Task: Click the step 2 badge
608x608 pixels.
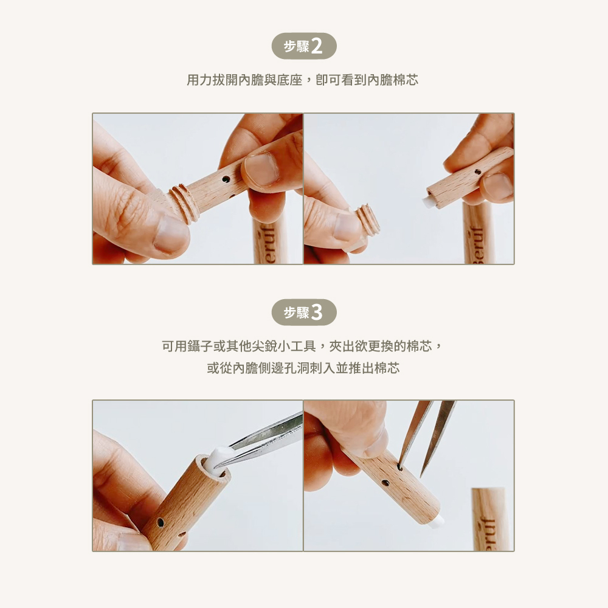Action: (x=304, y=46)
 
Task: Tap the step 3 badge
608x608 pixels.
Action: (x=304, y=312)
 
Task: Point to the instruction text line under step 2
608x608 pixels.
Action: (x=302, y=80)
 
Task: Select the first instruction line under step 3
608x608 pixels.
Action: (x=302, y=346)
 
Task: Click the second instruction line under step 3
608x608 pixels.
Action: (x=303, y=368)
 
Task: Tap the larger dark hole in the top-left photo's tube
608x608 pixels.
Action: (x=226, y=180)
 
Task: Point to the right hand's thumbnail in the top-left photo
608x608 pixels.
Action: (x=261, y=170)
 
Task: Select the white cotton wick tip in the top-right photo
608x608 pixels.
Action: (x=429, y=201)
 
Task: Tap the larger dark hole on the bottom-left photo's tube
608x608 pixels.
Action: (x=160, y=523)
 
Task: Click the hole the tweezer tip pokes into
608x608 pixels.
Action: (x=399, y=467)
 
